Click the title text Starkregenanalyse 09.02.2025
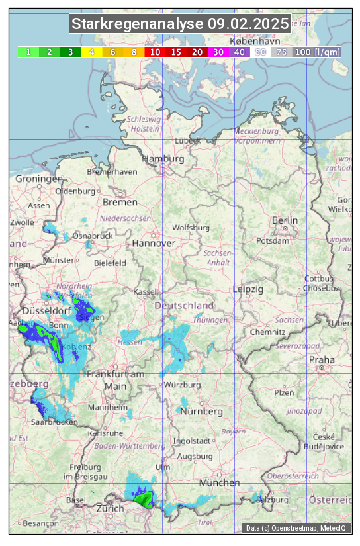point(180,24)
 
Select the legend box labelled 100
point(302,52)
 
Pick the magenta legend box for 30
point(218,52)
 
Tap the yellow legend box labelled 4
point(92,52)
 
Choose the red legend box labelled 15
point(176,52)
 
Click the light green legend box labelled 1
point(28,52)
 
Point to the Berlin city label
point(285,220)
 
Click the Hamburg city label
point(163,159)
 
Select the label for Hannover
point(154,243)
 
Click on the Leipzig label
point(248,289)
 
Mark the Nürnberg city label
point(202,411)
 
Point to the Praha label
point(322,360)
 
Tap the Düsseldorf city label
point(47,310)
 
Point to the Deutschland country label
point(184,306)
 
